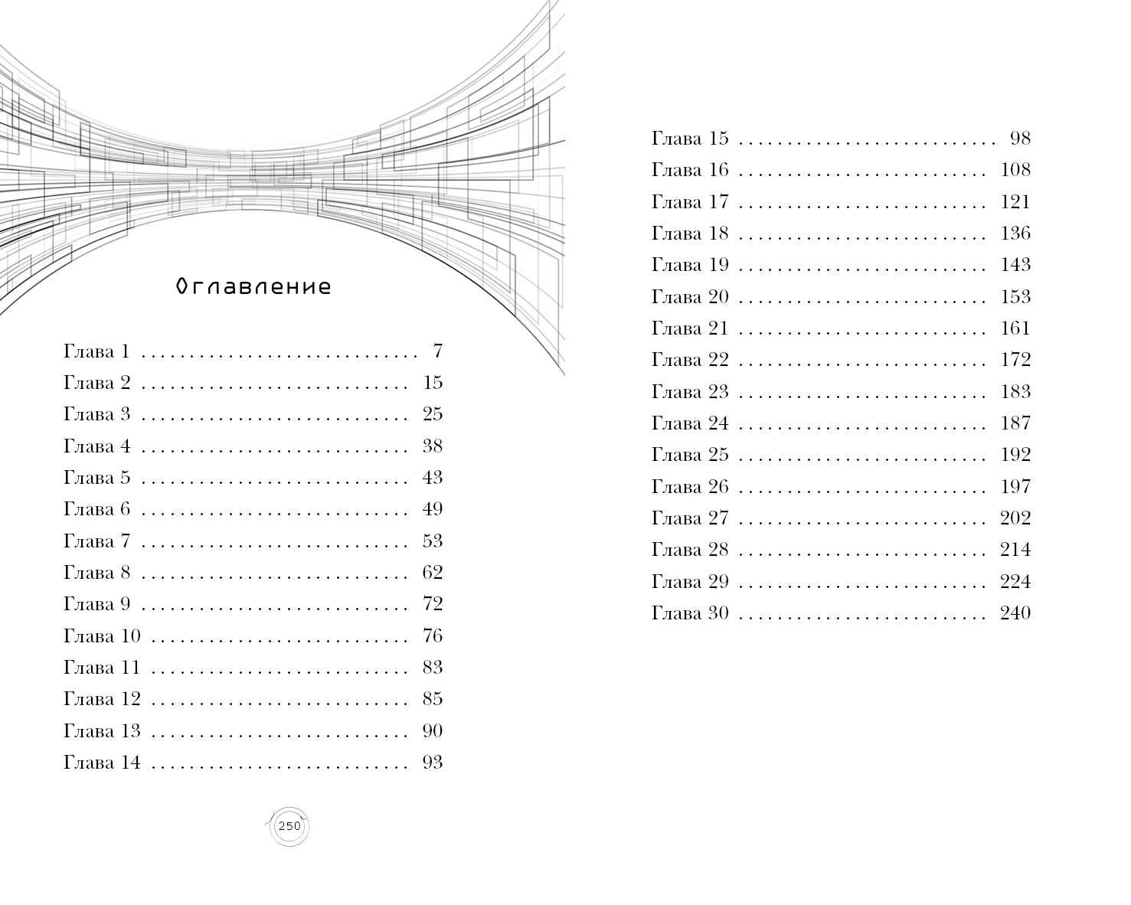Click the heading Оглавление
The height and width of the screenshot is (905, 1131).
[x=253, y=286]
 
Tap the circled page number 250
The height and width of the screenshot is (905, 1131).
[x=289, y=826]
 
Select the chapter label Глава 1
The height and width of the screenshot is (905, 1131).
[x=96, y=351]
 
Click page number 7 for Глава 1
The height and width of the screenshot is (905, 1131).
[x=438, y=351]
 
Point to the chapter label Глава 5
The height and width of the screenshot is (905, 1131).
[x=96, y=477]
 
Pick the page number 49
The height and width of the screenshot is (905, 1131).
[x=433, y=508]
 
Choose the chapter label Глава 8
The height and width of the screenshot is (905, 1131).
[x=96, y=573]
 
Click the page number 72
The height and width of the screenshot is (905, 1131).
[x=433, y=604]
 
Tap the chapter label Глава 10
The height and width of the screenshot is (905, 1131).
[x=102, y=636]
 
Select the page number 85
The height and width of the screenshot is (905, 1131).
[x=433, y=698]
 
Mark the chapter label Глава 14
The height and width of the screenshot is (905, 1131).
[x=102, y=763]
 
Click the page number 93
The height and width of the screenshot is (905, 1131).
[x=433, y=762]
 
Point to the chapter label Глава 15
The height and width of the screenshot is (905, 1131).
[x=690, y=139]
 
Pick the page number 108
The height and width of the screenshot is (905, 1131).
[x=1015, y=170]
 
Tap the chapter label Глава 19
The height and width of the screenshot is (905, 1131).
[x=690, y=265]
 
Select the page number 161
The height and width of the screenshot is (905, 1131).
[x=1015, y=328]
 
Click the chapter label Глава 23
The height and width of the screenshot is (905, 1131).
[x=690, y=391]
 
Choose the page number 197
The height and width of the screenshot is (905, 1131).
[x=1015, y=486]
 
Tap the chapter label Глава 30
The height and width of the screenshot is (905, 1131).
[x=690, y=613]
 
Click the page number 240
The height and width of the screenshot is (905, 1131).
[x=1015, y=613]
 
